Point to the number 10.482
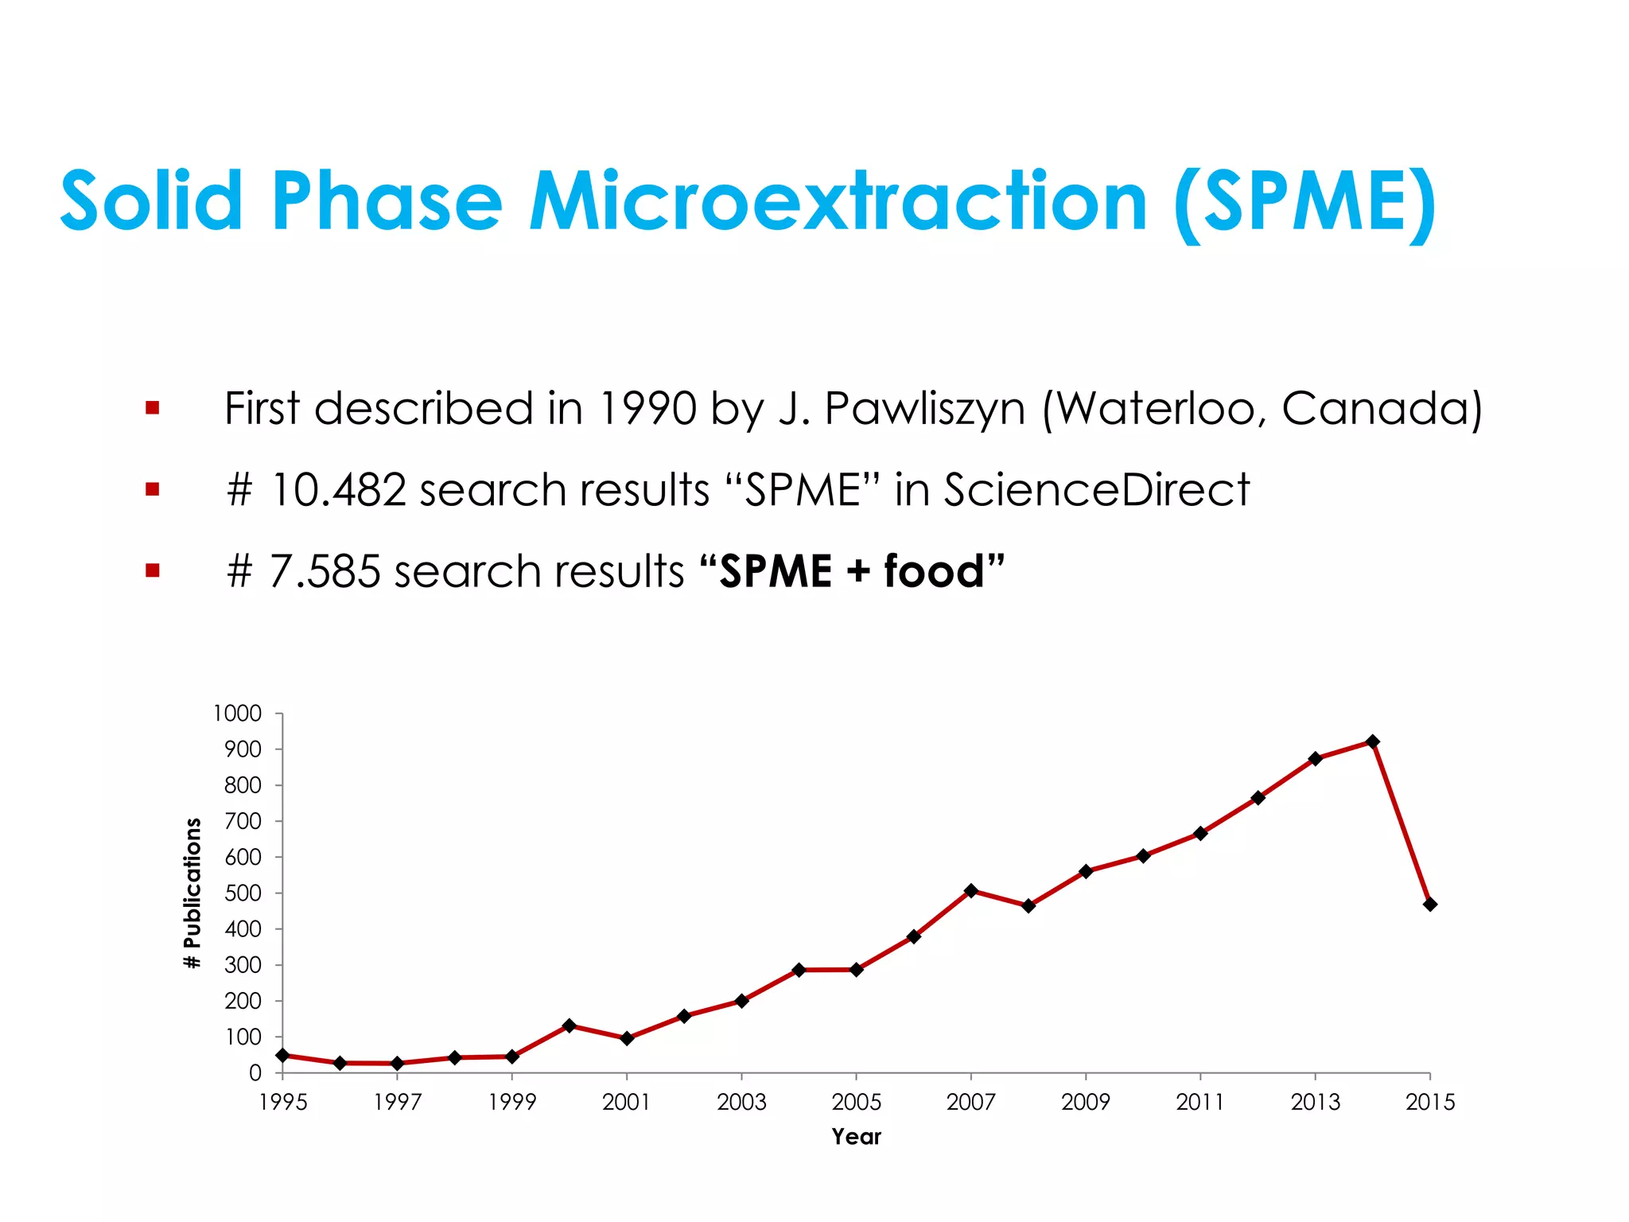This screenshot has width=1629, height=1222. [338, 490]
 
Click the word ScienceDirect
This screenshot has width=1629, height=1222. [1096, 490]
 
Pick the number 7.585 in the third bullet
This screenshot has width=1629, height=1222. [325, 572]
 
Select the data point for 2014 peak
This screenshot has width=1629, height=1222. [1372, 741]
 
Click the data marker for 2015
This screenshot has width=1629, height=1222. [1429, 905]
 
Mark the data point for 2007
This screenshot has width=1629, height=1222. [970, 890]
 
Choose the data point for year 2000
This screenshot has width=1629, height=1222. [569, 1025]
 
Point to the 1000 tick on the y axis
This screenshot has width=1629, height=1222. [237, 714]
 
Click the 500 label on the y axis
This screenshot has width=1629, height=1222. [243, 893]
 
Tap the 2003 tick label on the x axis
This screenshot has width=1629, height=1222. [741, 1103]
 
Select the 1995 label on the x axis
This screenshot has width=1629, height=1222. [283, 1103]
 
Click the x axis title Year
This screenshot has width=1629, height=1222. [856, 1137]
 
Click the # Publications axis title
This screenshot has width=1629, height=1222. [192, 893]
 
